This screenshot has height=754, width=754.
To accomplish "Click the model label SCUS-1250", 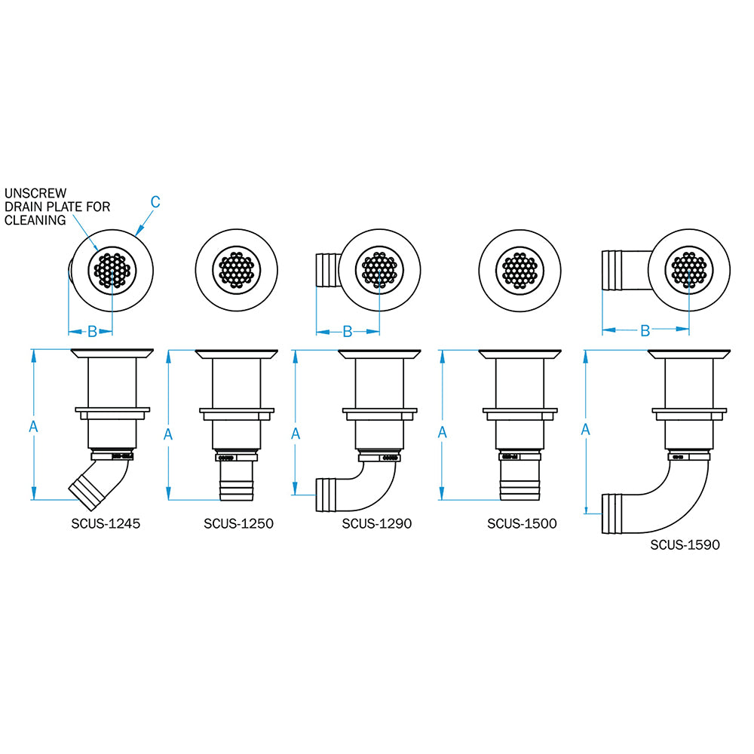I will [238, 523].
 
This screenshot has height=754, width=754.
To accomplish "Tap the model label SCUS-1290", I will [377, 523].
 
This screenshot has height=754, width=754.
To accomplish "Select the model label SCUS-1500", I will [522, 523].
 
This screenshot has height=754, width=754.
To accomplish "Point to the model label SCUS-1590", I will [685, 544].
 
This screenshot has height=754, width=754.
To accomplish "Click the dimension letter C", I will [155, 201].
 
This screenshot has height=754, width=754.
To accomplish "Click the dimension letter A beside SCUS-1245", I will [33, 426].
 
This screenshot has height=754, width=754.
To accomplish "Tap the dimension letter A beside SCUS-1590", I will [586, 429].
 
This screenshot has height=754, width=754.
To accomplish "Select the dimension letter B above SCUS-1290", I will [348, 331].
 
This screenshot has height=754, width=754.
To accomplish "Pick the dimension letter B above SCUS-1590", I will [645, 330].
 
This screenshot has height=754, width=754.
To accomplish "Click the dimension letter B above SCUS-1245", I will [92, 330].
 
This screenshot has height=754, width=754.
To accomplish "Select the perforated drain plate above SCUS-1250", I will [238, 269].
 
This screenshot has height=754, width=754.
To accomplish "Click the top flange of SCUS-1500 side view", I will [520, 354].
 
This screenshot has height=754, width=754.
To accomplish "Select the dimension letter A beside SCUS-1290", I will [296, 433].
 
